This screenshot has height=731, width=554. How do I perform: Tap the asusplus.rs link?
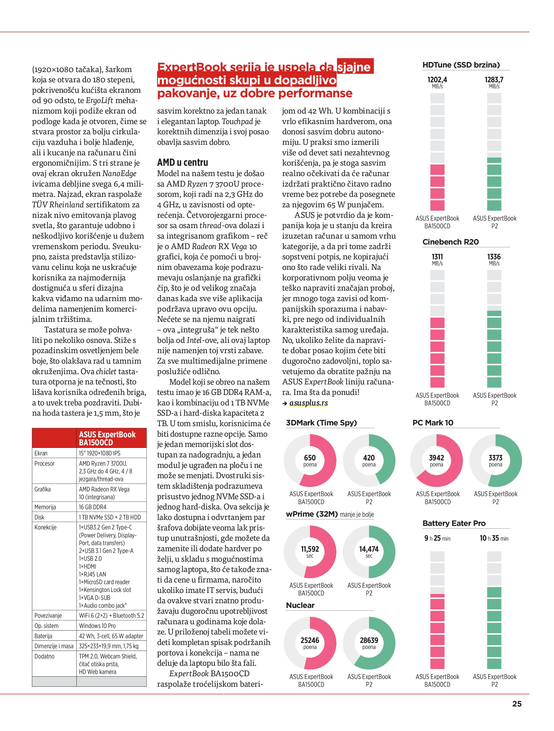(308, 403)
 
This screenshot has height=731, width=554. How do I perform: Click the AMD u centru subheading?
(183, 163)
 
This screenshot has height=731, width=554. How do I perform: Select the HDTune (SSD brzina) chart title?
(461, 65)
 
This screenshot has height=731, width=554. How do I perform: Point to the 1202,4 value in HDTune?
(437, 80)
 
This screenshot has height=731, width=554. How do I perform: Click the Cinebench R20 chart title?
(450, 242)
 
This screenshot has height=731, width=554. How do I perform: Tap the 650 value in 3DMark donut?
(310, 458)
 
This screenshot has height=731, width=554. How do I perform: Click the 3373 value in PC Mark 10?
(495, 458)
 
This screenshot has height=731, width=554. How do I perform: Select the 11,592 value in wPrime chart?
(310, 549)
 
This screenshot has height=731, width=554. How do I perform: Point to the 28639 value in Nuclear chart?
(369, 640)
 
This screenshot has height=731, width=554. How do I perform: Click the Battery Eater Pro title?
(454, 523)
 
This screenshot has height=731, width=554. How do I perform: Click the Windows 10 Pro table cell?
(97, 625)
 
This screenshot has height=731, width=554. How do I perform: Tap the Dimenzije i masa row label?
(54, 646)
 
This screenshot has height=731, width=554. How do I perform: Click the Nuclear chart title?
(300, 605)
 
